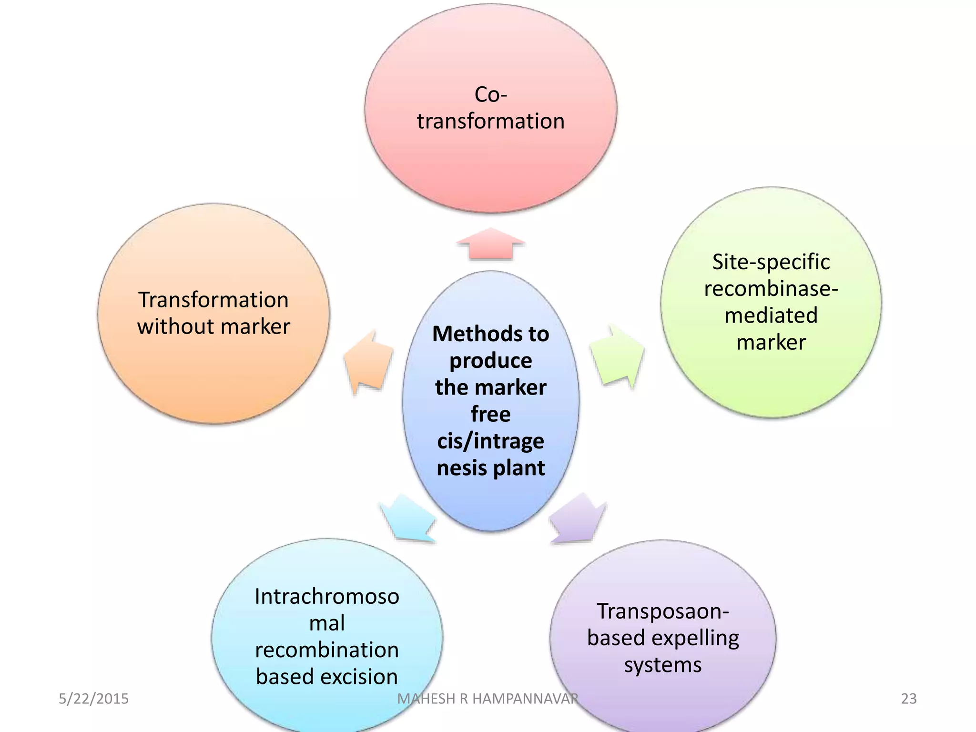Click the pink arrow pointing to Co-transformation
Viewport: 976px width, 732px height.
490,244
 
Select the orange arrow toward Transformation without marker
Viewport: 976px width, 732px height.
368,362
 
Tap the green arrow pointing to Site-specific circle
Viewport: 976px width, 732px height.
617,356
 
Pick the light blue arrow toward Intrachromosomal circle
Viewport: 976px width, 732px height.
408,519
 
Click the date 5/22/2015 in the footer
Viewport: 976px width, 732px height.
93,699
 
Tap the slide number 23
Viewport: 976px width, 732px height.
909,699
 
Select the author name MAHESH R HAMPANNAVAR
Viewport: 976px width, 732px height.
488,699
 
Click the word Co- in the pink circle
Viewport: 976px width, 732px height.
490,94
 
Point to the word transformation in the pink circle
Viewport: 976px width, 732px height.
490,121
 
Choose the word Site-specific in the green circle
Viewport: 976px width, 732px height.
771,262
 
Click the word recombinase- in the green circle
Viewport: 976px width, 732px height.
771,289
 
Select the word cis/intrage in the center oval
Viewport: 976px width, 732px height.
490,441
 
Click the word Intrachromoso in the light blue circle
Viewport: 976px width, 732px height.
327,597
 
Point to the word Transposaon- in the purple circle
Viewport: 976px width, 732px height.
662,611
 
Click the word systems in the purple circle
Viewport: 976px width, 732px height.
662,665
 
